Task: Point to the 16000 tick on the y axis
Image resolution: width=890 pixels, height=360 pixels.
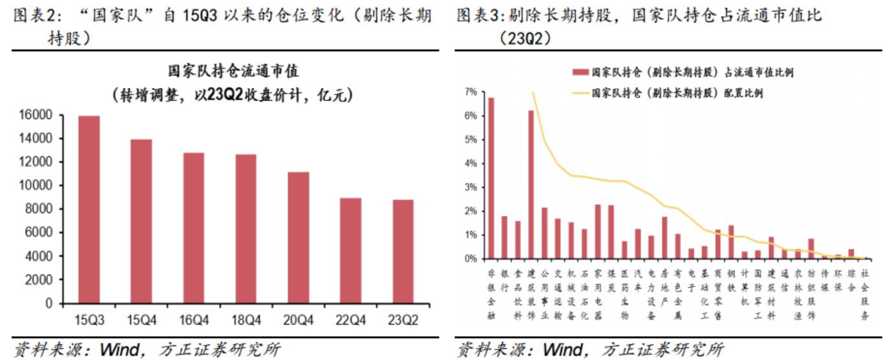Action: [39, 115]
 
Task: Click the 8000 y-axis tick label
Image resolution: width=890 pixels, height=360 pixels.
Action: [42, 209]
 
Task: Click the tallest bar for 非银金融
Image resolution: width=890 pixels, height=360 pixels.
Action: [491, 178]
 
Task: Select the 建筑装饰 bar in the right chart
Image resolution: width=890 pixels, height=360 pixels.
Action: [531, 184]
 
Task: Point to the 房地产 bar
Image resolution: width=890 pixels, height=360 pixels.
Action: [664, 237]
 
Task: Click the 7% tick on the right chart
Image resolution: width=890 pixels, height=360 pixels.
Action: [470, 92]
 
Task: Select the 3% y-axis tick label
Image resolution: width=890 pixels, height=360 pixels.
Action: [470, 187]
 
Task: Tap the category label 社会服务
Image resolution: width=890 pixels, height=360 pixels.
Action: [865, 294]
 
